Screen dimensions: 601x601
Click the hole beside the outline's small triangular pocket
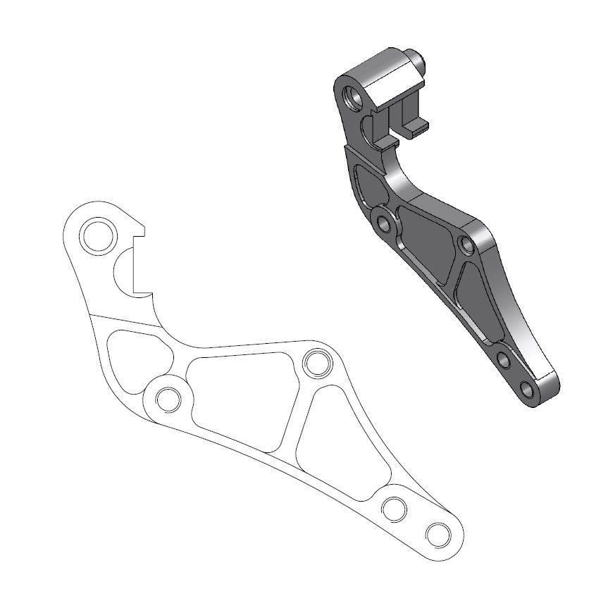[168, 399]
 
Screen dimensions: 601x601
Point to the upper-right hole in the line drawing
[316, 364]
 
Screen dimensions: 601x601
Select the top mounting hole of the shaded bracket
[353, 94]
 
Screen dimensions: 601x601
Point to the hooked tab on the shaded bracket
[416, 124]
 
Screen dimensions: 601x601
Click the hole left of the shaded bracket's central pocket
[384, 225]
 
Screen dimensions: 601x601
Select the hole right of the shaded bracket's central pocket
[466, 246]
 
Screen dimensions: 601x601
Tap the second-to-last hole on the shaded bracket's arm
[504, 360]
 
